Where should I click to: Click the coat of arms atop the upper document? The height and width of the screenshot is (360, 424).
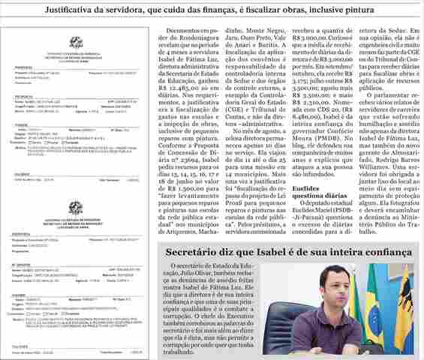coord(76,43)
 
